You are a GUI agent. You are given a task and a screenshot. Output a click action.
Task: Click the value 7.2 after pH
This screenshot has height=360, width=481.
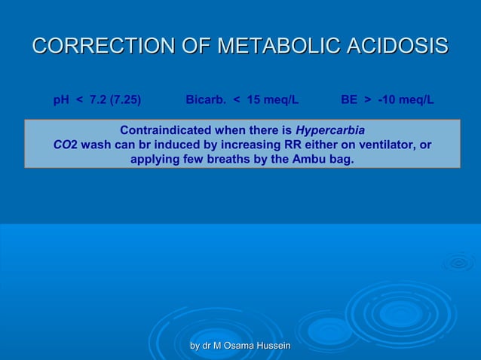click(x=99, y=99)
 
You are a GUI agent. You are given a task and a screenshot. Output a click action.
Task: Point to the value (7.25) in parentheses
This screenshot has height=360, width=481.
click(x=125, y=99)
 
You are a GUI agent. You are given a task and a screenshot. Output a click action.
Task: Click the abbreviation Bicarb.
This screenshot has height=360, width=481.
click(x=207, y=99)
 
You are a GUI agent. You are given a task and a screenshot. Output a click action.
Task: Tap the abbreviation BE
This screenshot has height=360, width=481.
click(x=348, y=99)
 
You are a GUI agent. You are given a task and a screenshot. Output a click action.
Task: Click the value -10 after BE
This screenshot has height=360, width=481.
click(x=389, y=99)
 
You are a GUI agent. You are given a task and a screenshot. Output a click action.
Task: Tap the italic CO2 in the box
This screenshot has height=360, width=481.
click(x=65, y=145)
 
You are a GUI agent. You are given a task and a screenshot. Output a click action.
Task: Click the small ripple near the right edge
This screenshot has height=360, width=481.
click(x=458, y=263)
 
